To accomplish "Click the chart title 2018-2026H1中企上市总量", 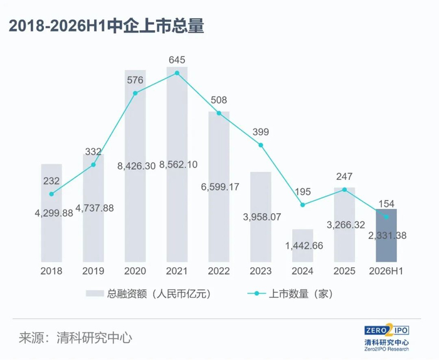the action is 107,26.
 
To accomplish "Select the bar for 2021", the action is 177,164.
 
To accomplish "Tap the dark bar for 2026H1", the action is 386,235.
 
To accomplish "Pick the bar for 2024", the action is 303,246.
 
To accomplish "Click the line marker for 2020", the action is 135,93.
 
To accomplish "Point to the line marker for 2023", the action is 261,145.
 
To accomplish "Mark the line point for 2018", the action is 51,194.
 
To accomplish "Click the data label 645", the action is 177,60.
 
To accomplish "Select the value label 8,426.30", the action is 136,166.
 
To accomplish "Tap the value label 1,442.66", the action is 304,246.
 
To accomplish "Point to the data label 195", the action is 303,192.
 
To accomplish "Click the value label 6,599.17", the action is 220,187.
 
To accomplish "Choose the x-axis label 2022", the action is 219,271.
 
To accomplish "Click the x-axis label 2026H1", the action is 386,271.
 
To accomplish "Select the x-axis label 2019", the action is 93,271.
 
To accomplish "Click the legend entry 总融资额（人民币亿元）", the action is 149,294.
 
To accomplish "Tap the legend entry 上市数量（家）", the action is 290,294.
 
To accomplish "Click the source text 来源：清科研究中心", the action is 76,337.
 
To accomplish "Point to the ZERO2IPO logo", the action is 387,337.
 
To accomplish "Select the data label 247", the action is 344,177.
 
